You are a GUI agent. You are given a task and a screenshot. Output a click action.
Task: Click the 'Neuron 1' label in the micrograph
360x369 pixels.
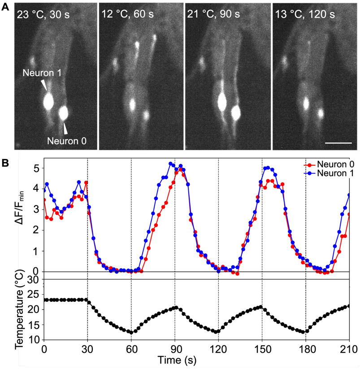40,72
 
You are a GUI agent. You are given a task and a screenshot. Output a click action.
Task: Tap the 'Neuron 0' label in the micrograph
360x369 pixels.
67,142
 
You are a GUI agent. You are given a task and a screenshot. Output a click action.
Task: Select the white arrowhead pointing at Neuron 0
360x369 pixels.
66,128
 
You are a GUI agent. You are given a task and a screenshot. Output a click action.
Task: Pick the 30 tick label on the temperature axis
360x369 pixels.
34,280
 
